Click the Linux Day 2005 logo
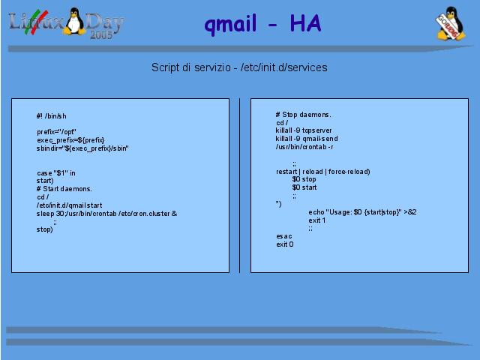tap(66, 22)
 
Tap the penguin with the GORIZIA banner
tap(451, 23)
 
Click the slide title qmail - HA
tap(262, 24)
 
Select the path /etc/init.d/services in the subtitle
tap(284, 67)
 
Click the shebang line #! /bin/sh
tap(52, 116)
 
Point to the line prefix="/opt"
tap(57, 132)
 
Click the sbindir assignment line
tap(82, 148)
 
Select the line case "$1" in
tap(56, 173)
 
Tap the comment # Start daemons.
tap(64, 189)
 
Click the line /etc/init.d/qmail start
tap(70, 205)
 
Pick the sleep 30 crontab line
tap(106, 214)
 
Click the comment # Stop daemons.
tap(303, 115)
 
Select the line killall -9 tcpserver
tap(304, 130)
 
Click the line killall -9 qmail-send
tap(307, 139)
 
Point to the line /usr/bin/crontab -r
tap(304, 147)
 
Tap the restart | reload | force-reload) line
tap(323, 172)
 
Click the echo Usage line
tap(362, 212)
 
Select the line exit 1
tap(317, 220)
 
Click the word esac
tap(284, 236)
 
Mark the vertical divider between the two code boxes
tap(239, 185)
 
